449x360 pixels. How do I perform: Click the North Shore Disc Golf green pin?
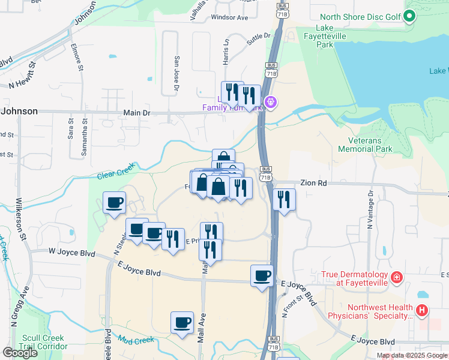(x=411, y=16)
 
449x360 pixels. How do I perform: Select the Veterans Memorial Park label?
(x=365, y=145)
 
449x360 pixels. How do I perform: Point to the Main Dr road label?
(x=136, y=112)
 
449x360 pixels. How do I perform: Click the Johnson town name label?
(x=19, y=111)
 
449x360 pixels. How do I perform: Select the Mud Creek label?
(x=136, y=341)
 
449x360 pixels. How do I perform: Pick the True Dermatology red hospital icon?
(x=396, y=277)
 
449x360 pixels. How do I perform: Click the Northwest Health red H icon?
(x=423, y=310)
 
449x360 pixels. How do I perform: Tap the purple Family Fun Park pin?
(x=271, y=103)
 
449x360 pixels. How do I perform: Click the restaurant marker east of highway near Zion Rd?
(x=284, y=199)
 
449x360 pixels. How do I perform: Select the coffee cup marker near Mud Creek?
(x=182, y=323)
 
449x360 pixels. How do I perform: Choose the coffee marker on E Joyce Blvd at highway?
(x=262, y=276)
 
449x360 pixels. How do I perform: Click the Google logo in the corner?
(x=20, y=353)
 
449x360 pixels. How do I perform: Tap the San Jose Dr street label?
(x=177, y=75)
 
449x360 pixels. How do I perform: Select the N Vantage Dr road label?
(x=370, y=206)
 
